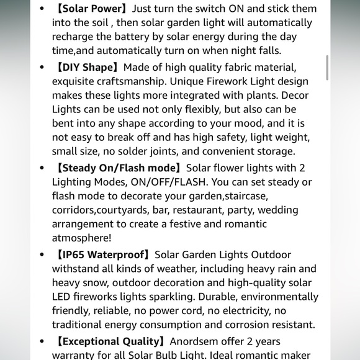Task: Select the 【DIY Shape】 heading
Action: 88,67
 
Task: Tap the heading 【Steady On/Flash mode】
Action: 118,168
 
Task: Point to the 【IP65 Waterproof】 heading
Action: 103,254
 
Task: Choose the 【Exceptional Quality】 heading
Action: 110,341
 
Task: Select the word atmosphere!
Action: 82,238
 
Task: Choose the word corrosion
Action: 222,324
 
